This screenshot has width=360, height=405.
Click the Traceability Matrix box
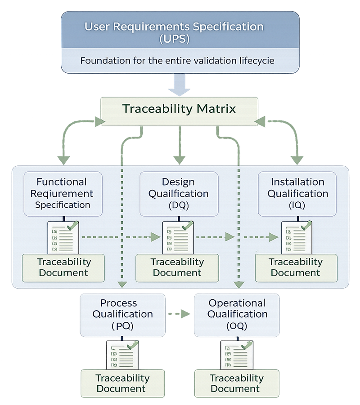[x=179, y=109]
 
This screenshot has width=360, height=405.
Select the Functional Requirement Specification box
[x=63, y=193]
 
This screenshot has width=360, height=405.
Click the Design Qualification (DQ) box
[x=179, y=193]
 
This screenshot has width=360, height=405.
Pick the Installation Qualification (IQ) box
[x=297, y=193]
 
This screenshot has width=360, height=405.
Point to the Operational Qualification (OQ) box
[x=237, y=314]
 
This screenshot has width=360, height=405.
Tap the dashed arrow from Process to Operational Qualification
[x=179, y=314]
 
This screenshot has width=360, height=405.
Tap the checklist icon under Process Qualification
[x=122, y=354]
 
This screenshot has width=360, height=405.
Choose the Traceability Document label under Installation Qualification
[x=296, y=267]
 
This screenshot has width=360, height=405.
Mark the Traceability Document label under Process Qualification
[x=122, y=383]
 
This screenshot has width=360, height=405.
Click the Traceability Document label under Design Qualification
[x=177, y=267]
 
